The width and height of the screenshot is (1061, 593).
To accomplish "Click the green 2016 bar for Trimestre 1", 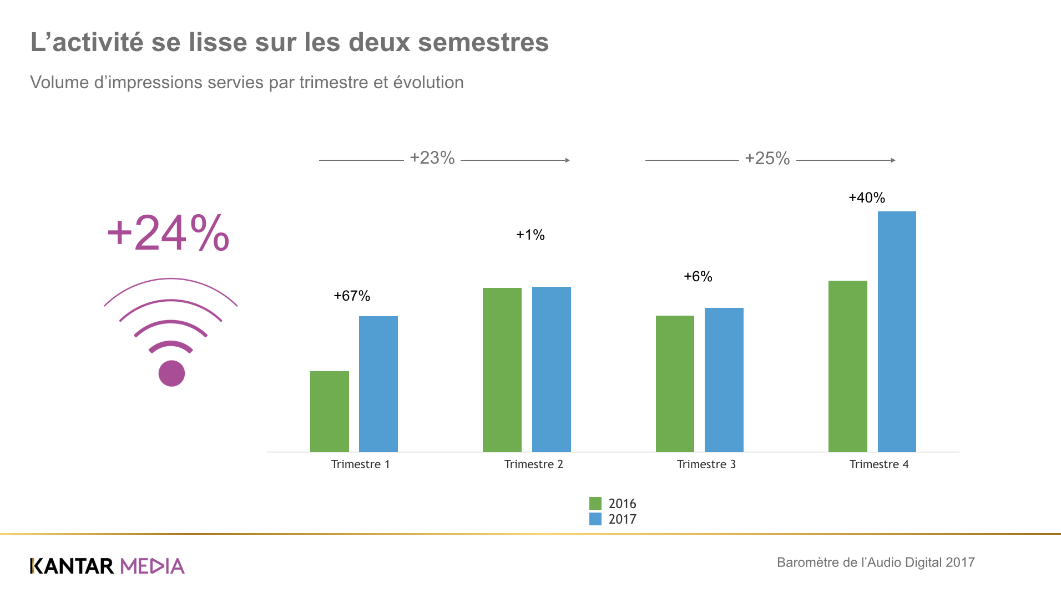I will click(x=330, y=411).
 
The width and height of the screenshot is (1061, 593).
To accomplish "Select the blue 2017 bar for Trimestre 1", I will click(x=378, y=384).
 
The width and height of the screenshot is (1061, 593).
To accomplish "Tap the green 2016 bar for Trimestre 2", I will click(x=502, y=369).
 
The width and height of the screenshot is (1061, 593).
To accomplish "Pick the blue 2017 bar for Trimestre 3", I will click(x=724, y=379).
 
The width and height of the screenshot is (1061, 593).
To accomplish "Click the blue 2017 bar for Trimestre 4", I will click(x=897, y=331).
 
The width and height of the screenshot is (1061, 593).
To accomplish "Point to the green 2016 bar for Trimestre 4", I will click(x=848, y=366).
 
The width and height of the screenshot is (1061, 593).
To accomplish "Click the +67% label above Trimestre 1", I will click(x=352, y=296).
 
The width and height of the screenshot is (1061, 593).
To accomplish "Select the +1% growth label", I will click(x=530, y=235).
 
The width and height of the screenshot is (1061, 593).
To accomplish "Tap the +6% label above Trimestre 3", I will click(x=698, y=276).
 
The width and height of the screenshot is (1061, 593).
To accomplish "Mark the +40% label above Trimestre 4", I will click(x=867, y=197).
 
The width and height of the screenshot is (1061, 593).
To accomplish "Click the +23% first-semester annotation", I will click(x=432, y=158).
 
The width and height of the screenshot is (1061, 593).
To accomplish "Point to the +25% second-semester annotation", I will click(x=767, y=159).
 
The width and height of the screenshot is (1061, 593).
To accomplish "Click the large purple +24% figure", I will click(x=168, y=233).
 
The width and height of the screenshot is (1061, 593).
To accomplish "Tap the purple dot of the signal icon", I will click(x=171, y=373).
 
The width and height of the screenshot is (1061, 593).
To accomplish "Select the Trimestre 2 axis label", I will click(x=534, y=464).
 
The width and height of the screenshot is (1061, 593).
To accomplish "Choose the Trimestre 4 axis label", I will click(x=879, y=464).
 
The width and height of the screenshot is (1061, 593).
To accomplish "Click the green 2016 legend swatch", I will click(x=595, y=503).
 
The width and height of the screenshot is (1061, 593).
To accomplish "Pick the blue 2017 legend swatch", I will click(x=595, y=519).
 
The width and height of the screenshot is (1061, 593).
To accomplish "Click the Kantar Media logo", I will click(x=107, y=566).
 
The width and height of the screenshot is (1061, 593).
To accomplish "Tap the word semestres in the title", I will click(x=483, y=42).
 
